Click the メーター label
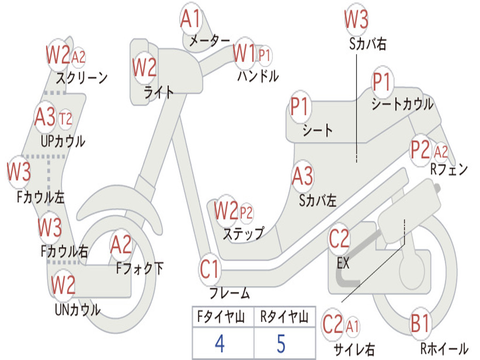(210, 41)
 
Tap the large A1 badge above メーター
(190, 18)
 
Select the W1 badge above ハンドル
(244, 53)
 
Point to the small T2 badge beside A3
(65, 119)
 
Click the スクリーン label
(82, 78)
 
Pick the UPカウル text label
(63, 142)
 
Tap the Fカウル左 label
(40, 197)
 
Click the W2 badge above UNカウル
(63, 285)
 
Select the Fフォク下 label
(140, 269)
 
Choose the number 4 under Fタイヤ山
(220, 344)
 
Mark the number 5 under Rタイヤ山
(281, 344)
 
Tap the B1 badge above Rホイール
(420, 323)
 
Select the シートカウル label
(402, 104)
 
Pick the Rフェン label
(449, 169)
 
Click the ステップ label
(243, 234)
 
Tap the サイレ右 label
(354, 349)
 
